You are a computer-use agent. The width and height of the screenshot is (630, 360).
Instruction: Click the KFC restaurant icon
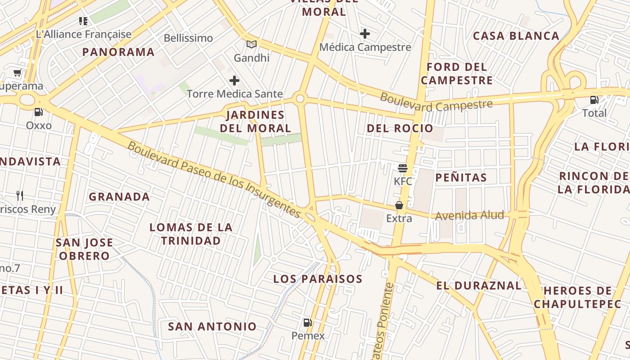pos(402,168)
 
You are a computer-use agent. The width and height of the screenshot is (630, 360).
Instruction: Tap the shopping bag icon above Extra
pos(399,205)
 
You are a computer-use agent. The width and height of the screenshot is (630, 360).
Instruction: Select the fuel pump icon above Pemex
pos(308,322)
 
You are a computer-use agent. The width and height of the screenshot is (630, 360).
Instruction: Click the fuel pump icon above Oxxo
pos(39,112)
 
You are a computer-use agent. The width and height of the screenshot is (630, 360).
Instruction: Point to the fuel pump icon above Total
pos(594,100)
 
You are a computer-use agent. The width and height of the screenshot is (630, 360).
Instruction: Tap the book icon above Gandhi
pos(252,45)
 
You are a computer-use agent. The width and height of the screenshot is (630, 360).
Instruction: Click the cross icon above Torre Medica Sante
pos(234,81)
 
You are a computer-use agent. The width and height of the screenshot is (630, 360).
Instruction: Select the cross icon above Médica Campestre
pos(365,34)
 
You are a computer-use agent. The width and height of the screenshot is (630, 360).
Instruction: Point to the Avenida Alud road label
pos(469,216)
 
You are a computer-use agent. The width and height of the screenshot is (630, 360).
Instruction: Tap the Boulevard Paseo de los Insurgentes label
pos(214,180)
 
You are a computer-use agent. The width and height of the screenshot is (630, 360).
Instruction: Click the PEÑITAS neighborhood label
pos(461,178)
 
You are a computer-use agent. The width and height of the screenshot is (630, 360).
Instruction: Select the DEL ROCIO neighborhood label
pos(400,129)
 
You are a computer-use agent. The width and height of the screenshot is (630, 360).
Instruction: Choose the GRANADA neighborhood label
pos(119,197)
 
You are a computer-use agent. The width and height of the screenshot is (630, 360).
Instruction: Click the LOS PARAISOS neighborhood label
pos(318,279)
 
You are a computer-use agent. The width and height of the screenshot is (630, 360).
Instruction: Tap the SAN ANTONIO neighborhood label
pos(212,327)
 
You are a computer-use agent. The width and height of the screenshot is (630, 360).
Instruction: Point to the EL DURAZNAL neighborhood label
pos(479,286)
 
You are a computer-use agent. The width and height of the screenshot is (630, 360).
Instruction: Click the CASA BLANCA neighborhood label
pos(516,36)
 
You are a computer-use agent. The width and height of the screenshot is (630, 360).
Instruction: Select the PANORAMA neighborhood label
pos(118,52)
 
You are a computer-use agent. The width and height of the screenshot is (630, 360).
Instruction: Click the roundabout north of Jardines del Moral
pos(300,98)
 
